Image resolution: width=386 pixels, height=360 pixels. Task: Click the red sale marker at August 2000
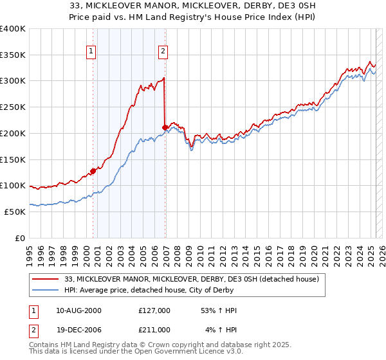[x=93, y=171]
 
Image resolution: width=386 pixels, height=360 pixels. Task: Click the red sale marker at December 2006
[x=165, y=127]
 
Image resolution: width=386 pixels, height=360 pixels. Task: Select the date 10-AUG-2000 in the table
[x=78, y=310]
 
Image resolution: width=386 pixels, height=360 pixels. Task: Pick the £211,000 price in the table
[x=154, y=330]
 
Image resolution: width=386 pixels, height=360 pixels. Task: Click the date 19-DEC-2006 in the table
[x=78, y=330]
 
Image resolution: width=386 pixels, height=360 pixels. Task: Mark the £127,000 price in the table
[x=154, y=310]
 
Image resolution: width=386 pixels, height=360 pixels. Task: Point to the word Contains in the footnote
[x=44, y=345]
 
